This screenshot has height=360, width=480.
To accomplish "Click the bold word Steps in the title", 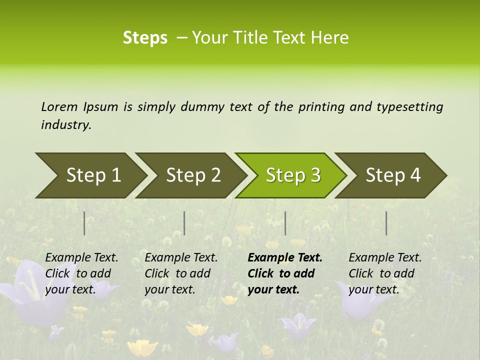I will [145, 38].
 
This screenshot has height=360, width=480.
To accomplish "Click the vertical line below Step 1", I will [84, 223].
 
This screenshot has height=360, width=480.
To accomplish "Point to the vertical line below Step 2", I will [184, 223].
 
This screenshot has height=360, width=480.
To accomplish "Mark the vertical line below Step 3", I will [285, 223].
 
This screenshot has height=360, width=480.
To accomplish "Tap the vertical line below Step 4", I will [386, 223].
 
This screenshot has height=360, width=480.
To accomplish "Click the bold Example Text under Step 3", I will [285, 257].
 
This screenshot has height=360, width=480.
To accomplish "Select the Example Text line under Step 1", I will [81, 257].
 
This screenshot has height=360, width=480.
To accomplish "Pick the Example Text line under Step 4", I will [385, 257].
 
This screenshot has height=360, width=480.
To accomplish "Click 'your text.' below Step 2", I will [169, 289].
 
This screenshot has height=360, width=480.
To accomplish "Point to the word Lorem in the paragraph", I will [59, 106].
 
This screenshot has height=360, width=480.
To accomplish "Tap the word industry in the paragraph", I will [65, 125].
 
